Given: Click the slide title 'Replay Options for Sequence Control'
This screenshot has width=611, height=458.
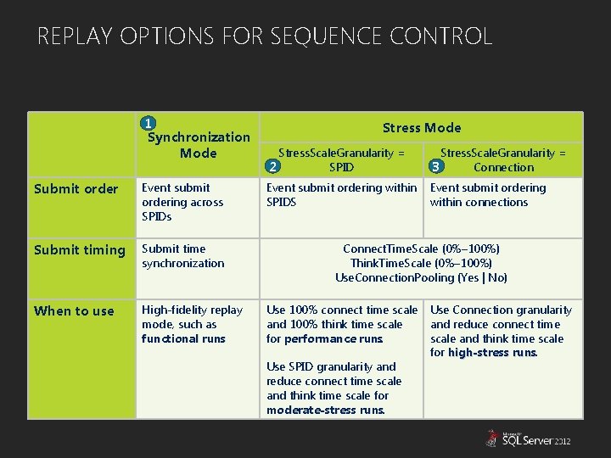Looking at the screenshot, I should coord(265,36).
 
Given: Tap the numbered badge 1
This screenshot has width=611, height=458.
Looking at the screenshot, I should coord(148,123).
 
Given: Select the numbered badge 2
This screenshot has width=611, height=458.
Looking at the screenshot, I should coord(272,166).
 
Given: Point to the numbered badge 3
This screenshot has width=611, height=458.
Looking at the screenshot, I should coord(436,166).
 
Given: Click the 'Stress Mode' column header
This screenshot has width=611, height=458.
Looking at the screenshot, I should coord(422,128).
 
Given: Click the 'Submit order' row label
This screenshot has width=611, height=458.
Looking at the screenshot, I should coord(76,189).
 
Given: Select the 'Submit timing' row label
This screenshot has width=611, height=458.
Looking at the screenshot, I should coord(79,250).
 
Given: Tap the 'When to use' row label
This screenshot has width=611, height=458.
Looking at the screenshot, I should coord(74,311).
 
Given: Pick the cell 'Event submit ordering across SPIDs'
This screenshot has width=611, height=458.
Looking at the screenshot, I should coord(182,202).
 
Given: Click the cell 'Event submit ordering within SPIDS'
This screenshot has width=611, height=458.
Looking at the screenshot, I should coord(341,195).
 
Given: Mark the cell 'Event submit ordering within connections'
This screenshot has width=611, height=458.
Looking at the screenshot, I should coord(488,195).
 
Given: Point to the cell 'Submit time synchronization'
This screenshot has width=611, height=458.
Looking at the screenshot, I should coord(182,256).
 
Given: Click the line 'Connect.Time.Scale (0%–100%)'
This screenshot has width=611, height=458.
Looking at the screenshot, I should coord(421,249).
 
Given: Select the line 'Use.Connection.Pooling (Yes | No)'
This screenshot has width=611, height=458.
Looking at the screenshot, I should coord(421,277).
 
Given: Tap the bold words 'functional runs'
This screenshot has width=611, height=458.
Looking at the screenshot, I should coord(183,339).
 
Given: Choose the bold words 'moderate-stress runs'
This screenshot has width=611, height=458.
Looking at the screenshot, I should coord(326,411).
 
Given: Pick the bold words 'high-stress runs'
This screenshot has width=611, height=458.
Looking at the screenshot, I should coord(492,353).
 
